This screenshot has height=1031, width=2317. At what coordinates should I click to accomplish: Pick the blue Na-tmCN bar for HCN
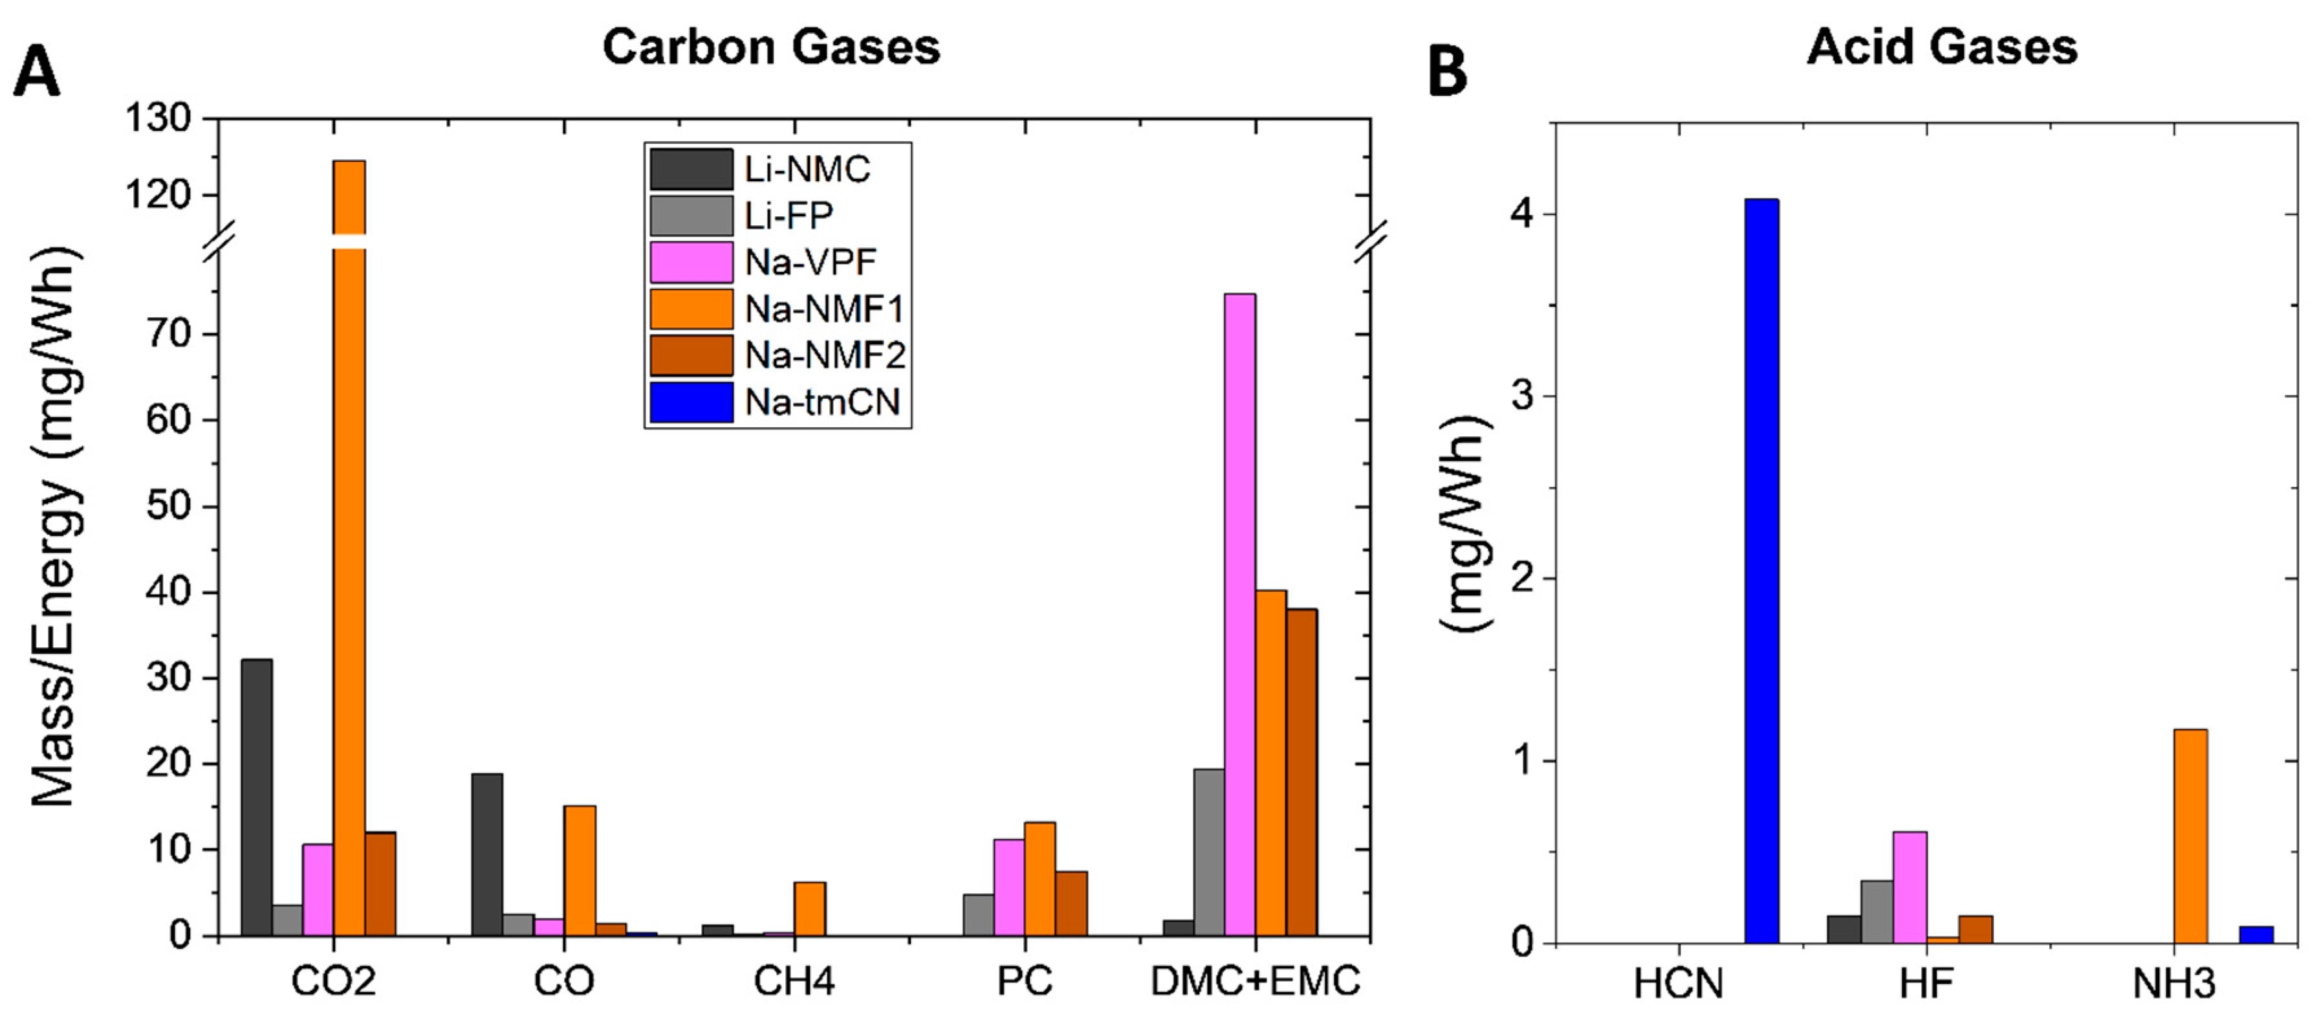coord(1761,571)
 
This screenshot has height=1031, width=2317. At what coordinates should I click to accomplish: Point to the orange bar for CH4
coord(809,909)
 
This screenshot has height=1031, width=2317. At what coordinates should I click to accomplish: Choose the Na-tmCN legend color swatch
coord(691,402)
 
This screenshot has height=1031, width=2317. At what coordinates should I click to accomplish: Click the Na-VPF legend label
coord(809,263)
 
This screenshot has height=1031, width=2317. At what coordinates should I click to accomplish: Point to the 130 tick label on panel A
coord(158,118)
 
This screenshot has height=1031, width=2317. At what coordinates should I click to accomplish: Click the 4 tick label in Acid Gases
coord(1523,215)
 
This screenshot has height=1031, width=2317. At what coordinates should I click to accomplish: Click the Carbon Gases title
coord(771,47)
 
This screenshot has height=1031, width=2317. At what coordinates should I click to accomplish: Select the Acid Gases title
coord(1942,47)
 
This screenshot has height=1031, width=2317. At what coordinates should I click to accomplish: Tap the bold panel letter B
coord(1447,72)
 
